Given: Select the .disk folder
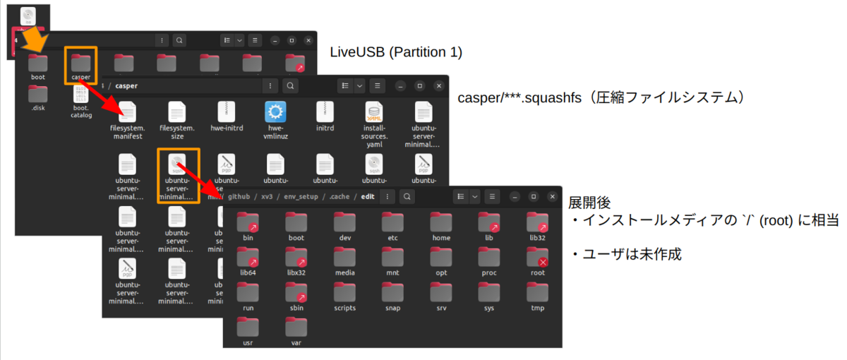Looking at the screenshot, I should tap(38, 95).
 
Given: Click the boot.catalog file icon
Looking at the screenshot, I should tap(80, 95).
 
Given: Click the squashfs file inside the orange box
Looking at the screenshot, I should tap(178, 164).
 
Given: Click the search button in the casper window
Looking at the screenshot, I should tap(290, 85).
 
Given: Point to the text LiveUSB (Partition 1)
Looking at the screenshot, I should tap(396, 52).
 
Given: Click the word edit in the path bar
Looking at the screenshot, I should tap(368, 196).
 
